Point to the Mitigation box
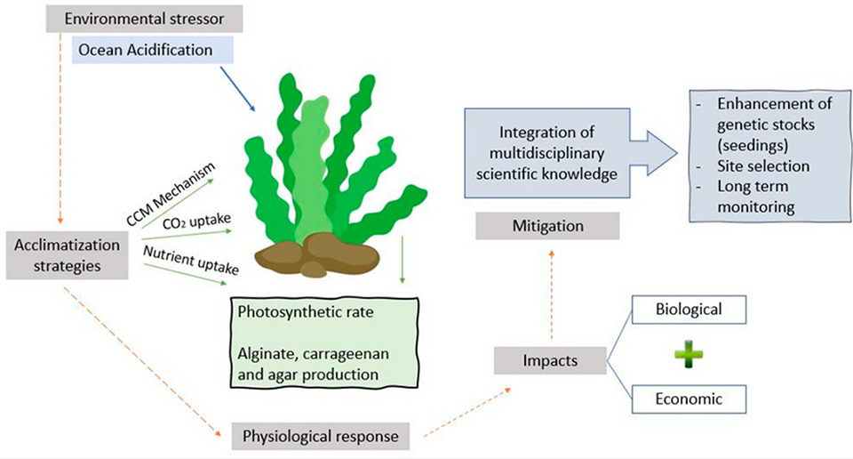click(548, 226)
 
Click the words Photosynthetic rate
click(294, 314)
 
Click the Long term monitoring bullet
click(755, 195)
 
